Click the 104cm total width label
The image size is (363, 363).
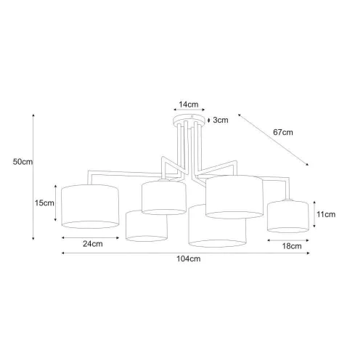pos(189,258)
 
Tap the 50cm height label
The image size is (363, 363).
pos(23,162)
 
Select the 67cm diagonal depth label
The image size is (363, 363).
pos(283,132)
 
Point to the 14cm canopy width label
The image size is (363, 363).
pos(189,105)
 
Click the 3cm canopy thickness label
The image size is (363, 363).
pos(221,120)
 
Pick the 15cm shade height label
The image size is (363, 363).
pos(44,203)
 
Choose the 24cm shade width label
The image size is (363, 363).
pos(93,244)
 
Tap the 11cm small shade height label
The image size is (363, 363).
pos(326,214)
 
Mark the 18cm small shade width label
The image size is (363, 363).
pos(292,246)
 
